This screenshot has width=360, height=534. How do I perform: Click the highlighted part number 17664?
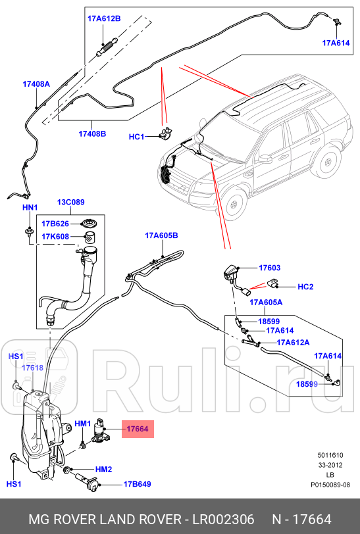tap(138, 429)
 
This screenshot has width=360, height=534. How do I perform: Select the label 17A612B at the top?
tap(104, 18)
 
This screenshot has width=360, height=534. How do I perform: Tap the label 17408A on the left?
tap(36, 84)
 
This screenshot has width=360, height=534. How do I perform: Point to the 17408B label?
tap(92, 133)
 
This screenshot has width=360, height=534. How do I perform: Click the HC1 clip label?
tap(136, 137)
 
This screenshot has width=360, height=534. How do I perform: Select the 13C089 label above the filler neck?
tap(72, 203)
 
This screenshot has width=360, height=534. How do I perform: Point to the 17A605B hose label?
tap(161, 235)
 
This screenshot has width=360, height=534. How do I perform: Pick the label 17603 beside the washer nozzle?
tap(269, 268)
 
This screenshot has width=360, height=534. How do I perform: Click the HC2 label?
tap(305, 287)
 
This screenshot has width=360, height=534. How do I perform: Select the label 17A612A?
tap(293, 342)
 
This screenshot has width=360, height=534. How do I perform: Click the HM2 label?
tap(104, 469)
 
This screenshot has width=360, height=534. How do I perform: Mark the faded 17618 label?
tap(34, 368)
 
